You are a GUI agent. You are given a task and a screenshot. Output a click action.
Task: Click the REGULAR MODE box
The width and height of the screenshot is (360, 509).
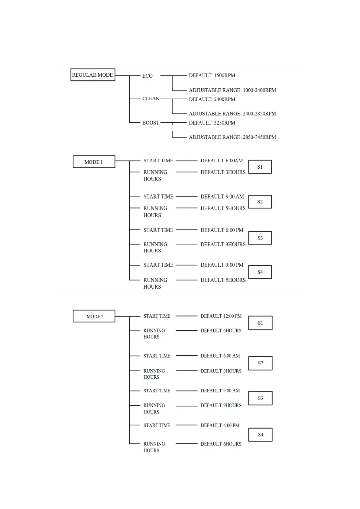[x=93, y=75]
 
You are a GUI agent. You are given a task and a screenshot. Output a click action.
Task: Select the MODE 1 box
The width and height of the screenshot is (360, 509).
[x=94, y=162]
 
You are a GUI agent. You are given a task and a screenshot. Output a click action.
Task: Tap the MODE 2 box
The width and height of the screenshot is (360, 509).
[x=94, y=316]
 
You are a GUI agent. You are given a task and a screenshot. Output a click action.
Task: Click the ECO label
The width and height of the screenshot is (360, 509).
[x=148, y=76]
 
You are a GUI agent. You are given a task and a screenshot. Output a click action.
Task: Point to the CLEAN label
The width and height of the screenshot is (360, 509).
[x=151, y=99]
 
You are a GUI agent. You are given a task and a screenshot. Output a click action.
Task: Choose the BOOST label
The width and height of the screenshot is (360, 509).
[x=151, y=123]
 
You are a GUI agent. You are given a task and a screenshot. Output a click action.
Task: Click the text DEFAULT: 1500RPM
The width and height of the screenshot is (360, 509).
[x=212, y=76]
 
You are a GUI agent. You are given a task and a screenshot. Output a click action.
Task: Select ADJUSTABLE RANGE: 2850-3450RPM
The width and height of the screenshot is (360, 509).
[x=232, y=137]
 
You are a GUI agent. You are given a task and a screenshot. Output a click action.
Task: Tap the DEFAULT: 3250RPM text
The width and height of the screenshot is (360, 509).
[x=212, y=123]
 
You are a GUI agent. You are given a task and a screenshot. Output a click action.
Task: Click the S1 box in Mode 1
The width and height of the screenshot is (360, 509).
[x=260, y=167]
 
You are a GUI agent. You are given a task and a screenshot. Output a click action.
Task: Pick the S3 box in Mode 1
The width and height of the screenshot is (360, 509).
[x=260, y=238]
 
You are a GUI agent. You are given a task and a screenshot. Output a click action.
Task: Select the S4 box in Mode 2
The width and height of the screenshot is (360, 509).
[x=260, y=435]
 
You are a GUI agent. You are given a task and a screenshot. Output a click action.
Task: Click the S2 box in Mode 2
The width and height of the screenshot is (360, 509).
[x=260, y=363]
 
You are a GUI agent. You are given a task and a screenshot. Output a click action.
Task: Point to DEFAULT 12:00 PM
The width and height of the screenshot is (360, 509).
[x=221, y=316]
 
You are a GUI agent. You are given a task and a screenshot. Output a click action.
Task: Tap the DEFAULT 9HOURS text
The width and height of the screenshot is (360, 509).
[x=221, y=405]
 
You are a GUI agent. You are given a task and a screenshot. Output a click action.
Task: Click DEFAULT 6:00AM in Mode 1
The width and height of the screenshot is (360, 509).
[x=222, y=160]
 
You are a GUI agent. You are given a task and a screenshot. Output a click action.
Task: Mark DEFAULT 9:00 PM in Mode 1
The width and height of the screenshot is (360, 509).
[x=222, y=265]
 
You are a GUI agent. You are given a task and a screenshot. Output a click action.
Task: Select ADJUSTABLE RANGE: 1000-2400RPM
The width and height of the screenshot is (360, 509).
[x=232, y=90]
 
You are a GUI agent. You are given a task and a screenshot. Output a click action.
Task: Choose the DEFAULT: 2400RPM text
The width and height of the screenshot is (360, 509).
[x=212, y=99]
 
